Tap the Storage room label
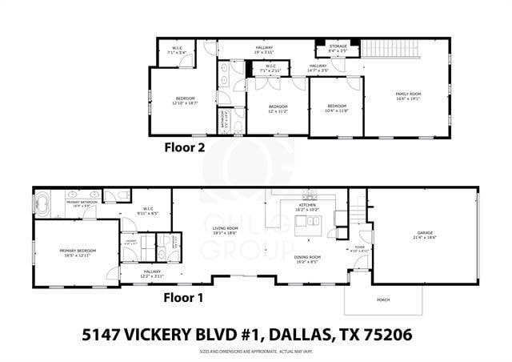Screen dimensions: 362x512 coord(338,48)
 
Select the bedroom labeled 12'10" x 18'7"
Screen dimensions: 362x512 coord(185,101)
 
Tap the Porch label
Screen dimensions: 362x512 coord(372,300)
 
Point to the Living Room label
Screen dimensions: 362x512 coord(226,230)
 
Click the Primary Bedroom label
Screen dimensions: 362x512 coord(77,252)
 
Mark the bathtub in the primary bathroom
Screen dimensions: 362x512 coord(46,203)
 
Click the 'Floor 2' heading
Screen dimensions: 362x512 coord(185,147)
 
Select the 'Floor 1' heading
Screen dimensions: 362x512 coord(184,297)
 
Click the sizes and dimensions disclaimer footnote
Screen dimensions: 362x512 coord(255,352)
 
